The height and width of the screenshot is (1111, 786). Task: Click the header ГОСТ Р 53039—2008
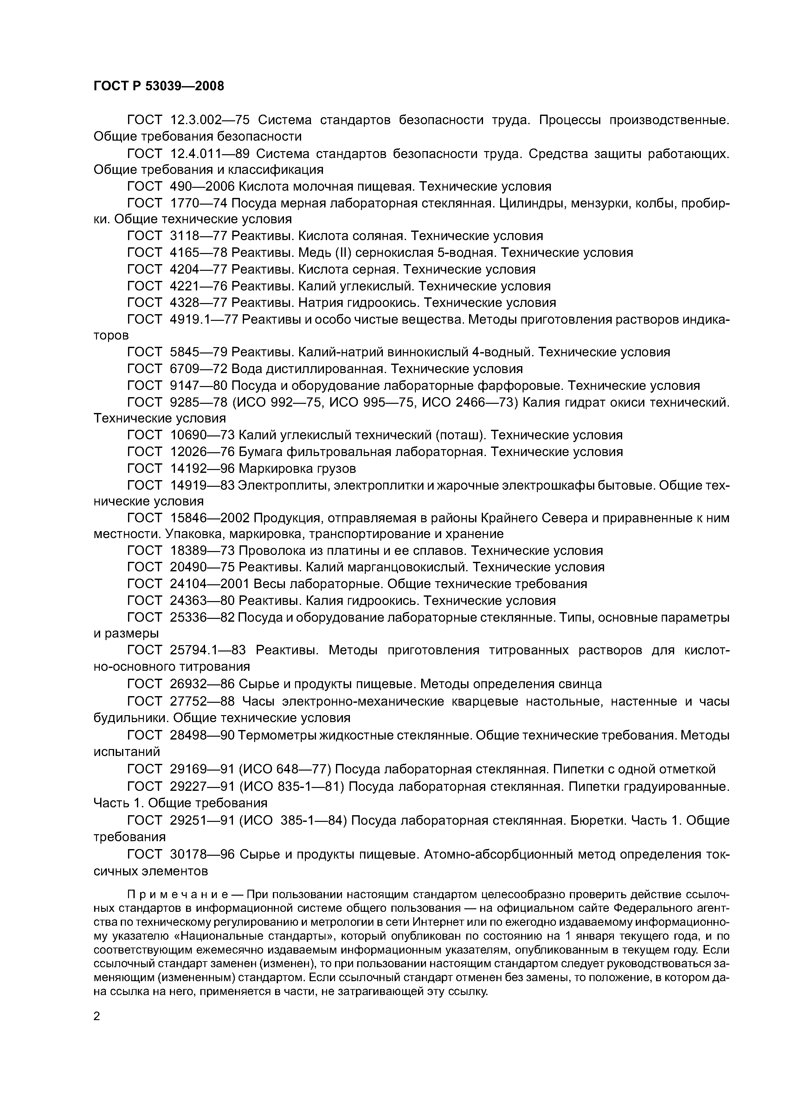pos(158,86)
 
